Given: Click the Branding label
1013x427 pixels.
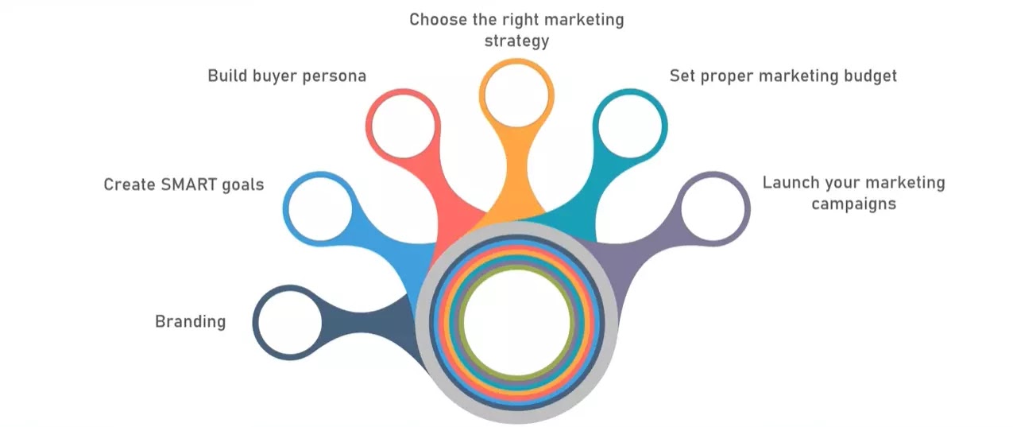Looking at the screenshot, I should click(190, 322).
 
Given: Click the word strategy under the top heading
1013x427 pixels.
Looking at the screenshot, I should click(516, 41).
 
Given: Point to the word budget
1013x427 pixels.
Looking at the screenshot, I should click(868, 76).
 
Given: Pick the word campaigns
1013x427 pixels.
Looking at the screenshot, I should click(853, 204).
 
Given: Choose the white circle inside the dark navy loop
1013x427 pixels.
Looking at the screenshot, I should click(287, 323).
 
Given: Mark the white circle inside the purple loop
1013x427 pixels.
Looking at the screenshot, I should click(715, 208).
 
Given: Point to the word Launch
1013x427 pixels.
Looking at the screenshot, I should click(790, 183).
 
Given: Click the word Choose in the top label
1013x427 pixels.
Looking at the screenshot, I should click(435, 20).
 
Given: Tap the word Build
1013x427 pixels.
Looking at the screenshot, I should click(229, 76).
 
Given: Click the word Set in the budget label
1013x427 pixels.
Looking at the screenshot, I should click(682, 76).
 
